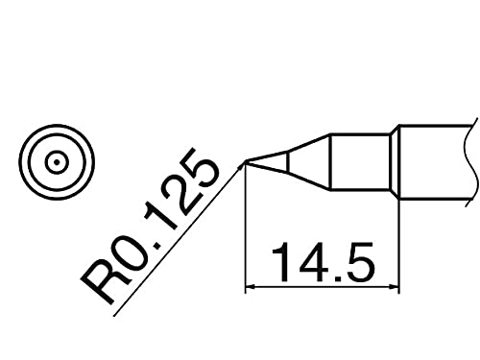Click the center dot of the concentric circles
(x=57, y=162)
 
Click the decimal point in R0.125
(x=157, y=246)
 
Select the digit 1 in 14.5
(x=281, y=262)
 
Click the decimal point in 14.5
(x=337, y=277)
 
